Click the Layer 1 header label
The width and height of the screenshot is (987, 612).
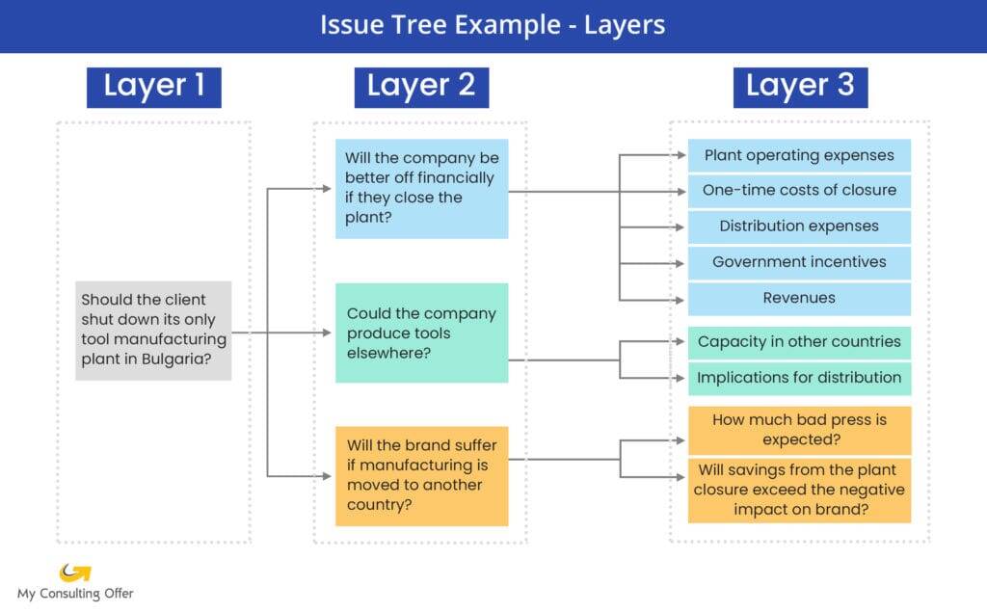click(x=154, y=88)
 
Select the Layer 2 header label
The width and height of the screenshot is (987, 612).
click(x=422, y=88)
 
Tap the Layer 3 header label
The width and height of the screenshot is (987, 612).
click(x=801, y=88)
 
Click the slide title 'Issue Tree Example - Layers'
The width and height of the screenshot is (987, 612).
click(x=493, y=25)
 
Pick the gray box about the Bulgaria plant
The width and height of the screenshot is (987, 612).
click(x=153, y=331)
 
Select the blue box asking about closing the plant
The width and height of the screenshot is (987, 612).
click(x=422, y=189)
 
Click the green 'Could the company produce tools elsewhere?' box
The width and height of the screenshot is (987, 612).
click(x=422, y=333)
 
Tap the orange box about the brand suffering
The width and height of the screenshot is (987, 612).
click(x=422, y=476)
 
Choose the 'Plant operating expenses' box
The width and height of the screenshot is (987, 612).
click(x=799, y=155)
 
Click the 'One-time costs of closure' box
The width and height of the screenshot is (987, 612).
click(x=799, y=191)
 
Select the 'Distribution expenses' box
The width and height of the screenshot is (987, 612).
click(x=799, y=226)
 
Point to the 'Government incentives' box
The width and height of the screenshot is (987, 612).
click(x=799, y=262)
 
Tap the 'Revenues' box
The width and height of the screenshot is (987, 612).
click(x=799, y=299)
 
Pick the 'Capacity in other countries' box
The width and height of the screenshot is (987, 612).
click(x=799, y=342)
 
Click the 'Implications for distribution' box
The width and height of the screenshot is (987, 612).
click(x=799, y=379)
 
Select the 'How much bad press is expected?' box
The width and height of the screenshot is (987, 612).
click(x=799, y=430)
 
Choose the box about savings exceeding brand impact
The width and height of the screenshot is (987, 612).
click(x=799, y=490)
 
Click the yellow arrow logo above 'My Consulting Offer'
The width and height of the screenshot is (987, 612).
click(x=75, y=572)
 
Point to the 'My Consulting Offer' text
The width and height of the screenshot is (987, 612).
click(x=75, y=594)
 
